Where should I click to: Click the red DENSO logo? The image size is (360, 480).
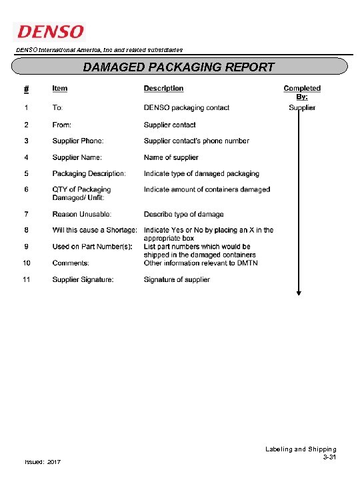tap(49, 31)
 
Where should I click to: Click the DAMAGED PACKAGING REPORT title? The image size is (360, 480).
tap(179, 67)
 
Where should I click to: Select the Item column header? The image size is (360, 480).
tap(60, 88)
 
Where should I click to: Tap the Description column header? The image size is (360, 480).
tap(163, 88)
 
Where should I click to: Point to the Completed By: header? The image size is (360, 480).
tap(302, 92)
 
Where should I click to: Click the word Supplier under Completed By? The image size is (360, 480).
tap(302, 108)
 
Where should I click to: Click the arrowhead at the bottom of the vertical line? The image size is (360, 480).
tap(299, 291)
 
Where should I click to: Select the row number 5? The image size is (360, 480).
tap(26, 173)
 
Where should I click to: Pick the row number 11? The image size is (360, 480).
tap(27, 279)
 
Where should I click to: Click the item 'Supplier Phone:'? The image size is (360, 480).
tap(77, 141)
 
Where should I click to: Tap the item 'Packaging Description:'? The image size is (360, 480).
tap(89, 173)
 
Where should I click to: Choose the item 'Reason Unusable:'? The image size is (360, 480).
tap(82, 214)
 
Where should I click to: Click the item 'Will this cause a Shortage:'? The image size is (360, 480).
tap(95, 230)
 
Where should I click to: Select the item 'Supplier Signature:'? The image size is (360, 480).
tap(83, 279)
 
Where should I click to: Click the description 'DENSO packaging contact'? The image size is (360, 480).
tap(187, 108)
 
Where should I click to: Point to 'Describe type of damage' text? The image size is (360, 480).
tap(183, 214)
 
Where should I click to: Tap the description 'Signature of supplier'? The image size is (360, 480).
tap(177, 279)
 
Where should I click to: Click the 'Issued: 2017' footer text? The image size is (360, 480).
tap(42, 462)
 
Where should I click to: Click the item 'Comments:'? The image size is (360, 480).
tap(71, 263)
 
